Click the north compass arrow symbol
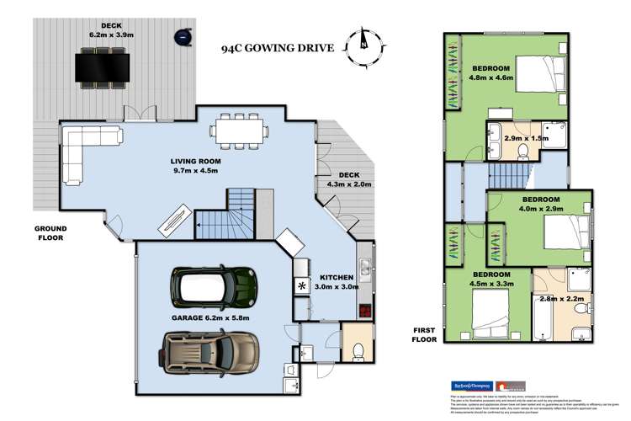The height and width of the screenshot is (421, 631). pyautogui.click(x=363, y=39)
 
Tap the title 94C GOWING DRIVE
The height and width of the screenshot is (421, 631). pyautogui.click(x=280, y=48)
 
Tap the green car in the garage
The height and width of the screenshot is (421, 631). pyautogui.click(x=214, y=288)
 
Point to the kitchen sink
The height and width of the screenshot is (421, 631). pyautogui.click(x=364, y=269)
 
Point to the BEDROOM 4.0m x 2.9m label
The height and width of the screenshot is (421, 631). pyautogui.click(x=531, y=205)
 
